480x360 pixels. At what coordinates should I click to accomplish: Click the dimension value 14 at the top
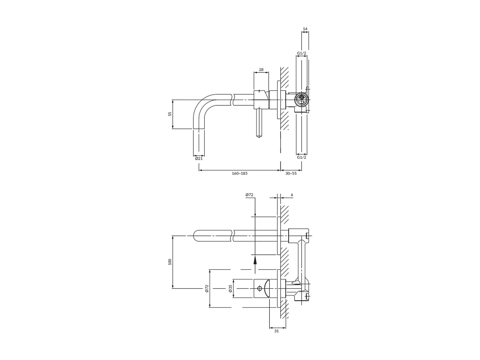pyautogui.click(x=305, y=29)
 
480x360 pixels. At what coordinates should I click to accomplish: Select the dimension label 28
pyautogui.click(x=261, y=70)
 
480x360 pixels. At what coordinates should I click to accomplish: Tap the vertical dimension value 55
pyautogui.click(x=170, y=114)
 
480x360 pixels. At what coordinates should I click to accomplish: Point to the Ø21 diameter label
pyautogui.click(x=199, y=158)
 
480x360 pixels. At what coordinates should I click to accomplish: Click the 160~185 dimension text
pyautogui.click(x=240, y=173)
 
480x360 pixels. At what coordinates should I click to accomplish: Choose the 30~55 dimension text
pyautogui.click(x=291, y=173)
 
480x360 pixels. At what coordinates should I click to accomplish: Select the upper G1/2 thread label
pyautogui.click(x=301, y=53)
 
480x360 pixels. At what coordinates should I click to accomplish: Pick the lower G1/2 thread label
pyautogui.click(x=301, y=157)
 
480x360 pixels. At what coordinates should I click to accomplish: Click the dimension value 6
pyautogui.click(x=292, y=195)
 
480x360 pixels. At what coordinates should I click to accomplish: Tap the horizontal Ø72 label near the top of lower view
pyautogui.click(x=249, y=195)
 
